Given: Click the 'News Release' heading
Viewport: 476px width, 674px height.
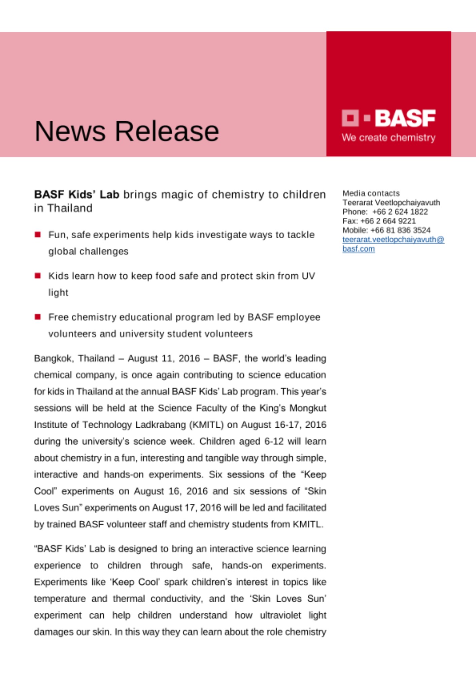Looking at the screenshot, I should click(x=127, y=131).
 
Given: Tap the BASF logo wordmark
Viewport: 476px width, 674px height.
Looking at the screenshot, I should click(x=405, y=118).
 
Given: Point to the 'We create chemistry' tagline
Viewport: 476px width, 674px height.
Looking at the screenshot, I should click(x=388, y=137).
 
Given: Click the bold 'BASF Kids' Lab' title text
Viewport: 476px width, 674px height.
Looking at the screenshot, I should click(x=77, y=194).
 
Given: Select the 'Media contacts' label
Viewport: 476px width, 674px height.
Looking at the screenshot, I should click(x=371, y=193).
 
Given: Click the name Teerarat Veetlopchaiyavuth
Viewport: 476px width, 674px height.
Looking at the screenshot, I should click(x=391, y=203).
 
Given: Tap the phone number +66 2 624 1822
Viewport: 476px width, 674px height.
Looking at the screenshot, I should click(x=400, y=212).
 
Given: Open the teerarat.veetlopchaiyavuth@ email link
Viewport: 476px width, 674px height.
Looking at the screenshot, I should click(x=393, y=240).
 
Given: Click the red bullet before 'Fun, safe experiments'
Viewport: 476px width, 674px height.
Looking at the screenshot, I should click(x=38, y=235).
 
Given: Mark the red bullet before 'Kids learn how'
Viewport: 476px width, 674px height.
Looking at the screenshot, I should click(x=38, y=276).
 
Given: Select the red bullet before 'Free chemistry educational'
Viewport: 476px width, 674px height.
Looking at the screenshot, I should click(x=38, y=317).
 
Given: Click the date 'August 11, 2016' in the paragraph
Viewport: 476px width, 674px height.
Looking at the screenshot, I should click(x=164, y=358).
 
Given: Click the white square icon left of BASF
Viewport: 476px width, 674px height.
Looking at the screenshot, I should click(x=350, y=118).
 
